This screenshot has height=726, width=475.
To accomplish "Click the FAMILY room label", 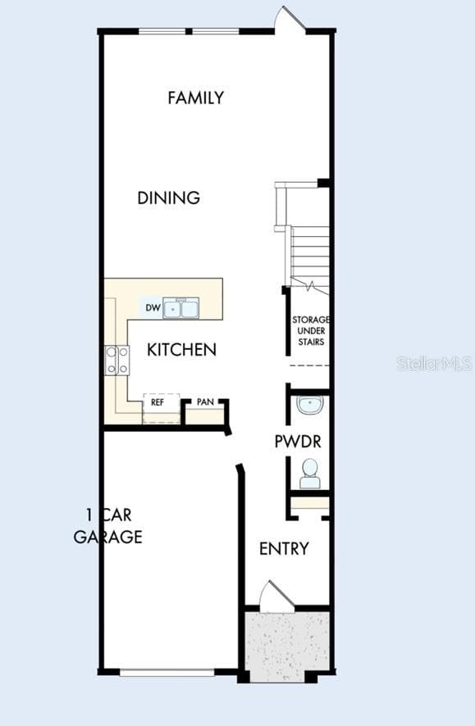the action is click(195, 98).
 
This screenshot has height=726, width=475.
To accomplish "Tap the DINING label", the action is click(169, 197).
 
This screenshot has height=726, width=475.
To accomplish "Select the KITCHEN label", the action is click(181, 350).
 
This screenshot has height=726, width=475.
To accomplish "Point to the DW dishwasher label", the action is click(153, 308).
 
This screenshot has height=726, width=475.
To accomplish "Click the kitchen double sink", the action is click(180, 308).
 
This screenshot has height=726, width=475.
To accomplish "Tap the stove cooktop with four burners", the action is click(116, 361).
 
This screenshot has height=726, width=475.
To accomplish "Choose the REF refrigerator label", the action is click(158, 402).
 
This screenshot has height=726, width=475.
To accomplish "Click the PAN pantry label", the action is click(205, 402).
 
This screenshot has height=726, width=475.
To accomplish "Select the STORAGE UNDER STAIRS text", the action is click(311, 330).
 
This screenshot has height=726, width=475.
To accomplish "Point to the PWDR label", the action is click(298, 441).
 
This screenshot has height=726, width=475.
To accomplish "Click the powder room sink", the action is click(310, 405).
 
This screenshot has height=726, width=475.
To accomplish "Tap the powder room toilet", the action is click(310, 474).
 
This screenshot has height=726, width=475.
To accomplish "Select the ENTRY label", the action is click(284, 549).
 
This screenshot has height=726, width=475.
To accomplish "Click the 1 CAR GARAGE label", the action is click(108, 526).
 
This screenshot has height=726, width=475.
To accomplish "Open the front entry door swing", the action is click(276, 597).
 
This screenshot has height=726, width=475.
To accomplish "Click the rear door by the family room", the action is click(290, 19).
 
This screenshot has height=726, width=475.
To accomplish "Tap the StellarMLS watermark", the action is click(435, 364).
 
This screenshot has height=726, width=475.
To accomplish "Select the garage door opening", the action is click(167, 672).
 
